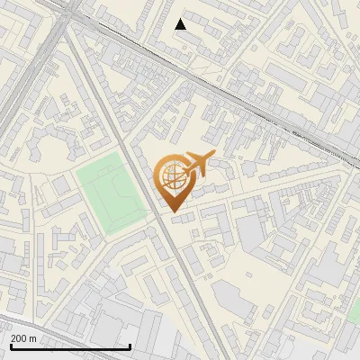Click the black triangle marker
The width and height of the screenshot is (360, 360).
181,24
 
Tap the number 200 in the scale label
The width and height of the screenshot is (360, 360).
20,337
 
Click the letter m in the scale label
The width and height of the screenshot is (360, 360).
33,337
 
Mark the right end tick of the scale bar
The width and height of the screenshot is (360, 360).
130,346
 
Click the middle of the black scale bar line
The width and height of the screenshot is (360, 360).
69,347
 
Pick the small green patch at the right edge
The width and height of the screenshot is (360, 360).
355,311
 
